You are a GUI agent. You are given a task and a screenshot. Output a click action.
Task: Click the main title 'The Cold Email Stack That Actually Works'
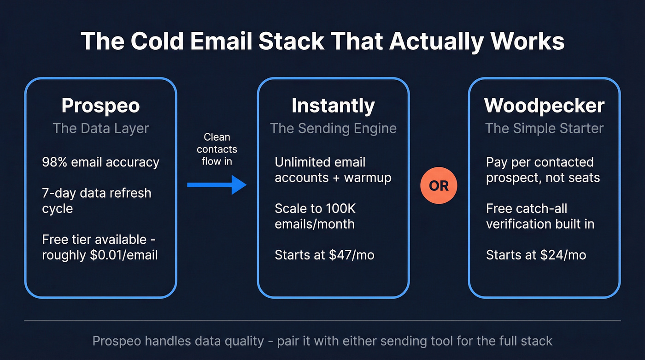(x=322, y=41)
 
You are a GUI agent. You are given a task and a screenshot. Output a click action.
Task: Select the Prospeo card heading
(x=100, y=106)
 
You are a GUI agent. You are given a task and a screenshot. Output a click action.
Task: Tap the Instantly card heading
(x=333, y=106)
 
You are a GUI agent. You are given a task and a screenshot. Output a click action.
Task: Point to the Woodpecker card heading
(x=544, y=106)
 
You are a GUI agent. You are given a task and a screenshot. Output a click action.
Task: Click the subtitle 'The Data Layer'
(x=100, y=128)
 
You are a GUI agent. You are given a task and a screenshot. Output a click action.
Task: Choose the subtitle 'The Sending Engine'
(x=333, y=128)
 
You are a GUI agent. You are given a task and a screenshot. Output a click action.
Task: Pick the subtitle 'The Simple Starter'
(x=544, y=128)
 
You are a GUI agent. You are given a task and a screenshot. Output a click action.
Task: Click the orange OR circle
(x=439, y=185)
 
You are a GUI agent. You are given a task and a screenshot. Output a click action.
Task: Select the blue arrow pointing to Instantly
(x=217, y=185)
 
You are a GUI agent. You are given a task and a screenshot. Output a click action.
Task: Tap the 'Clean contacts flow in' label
(x=217, y=149)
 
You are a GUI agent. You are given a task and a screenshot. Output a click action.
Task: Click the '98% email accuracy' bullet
(x=100, y=162)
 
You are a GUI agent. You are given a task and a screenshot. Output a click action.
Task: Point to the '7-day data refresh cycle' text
(x=96, y=201)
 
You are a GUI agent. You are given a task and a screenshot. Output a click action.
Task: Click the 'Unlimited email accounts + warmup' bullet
(x=333, y=170)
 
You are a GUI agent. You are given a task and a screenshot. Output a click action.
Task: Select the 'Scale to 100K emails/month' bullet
(x=315, y=216)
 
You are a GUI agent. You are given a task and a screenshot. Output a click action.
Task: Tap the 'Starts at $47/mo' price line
(x=324, y=255)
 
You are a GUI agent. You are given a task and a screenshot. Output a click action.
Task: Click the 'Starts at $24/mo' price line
(x=536, y=255)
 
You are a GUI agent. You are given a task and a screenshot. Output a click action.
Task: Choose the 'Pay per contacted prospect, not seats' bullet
(x=543, y=170)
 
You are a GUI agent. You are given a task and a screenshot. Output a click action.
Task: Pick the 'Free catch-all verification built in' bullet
(x=540, y=216)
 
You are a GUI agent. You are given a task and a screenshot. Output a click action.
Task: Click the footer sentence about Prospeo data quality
(x=322, y=341)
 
